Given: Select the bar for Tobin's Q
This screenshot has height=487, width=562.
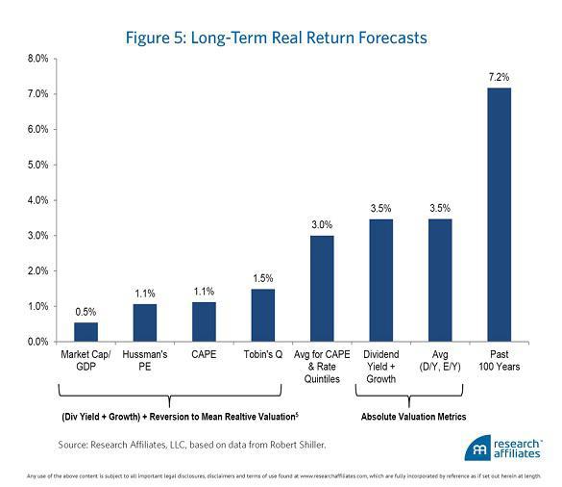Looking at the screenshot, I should [x=263, y=315].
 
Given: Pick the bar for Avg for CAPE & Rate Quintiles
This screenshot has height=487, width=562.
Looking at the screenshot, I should [x=322, y=288].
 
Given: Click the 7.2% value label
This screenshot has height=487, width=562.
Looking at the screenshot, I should [x=501, y=75].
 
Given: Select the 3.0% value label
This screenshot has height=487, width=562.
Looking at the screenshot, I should [x=322, y=223].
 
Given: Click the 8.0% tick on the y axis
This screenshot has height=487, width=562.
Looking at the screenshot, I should [x=36, y=59].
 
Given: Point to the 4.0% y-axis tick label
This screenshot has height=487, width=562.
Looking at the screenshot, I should [x=36, y=200].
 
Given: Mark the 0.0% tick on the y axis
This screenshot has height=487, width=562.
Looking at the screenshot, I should [x=36, y=342].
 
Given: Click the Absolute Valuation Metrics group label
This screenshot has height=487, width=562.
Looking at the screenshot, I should [x=412, y=418].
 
